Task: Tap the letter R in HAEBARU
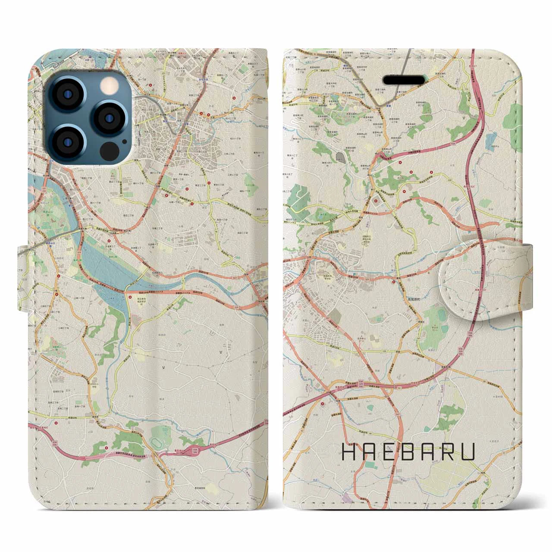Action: click(449, 453)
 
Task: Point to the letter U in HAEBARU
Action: click(469, 453)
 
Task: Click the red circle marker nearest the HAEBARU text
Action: click(323, 404)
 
